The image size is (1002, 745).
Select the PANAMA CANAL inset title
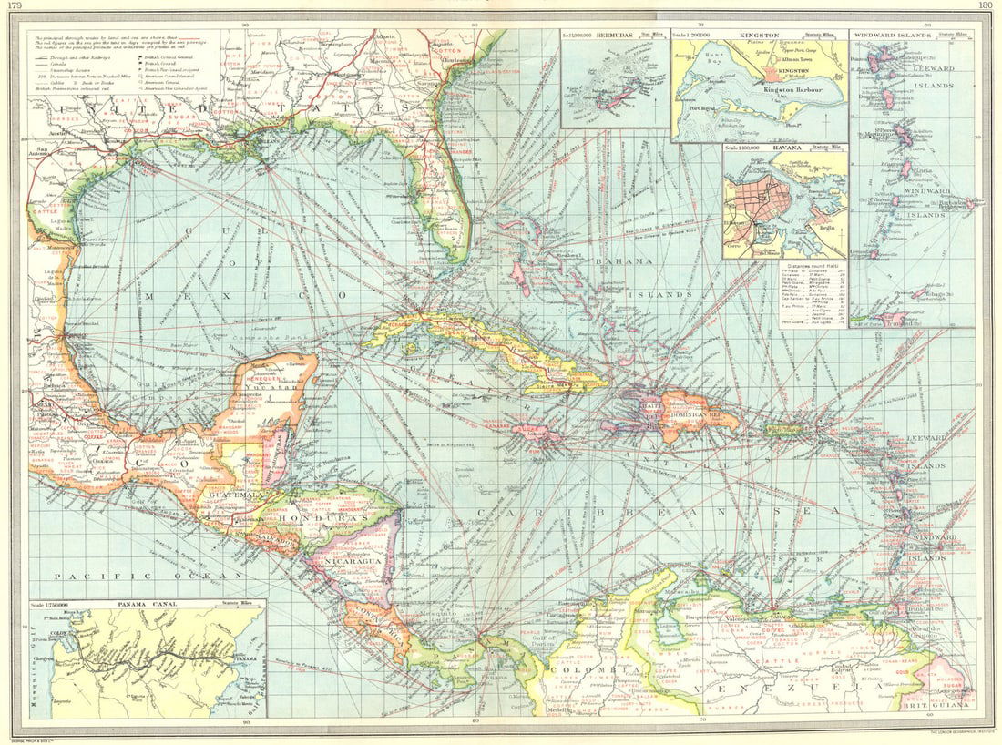(145, 604)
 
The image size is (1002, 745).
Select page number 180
(985, 6)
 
